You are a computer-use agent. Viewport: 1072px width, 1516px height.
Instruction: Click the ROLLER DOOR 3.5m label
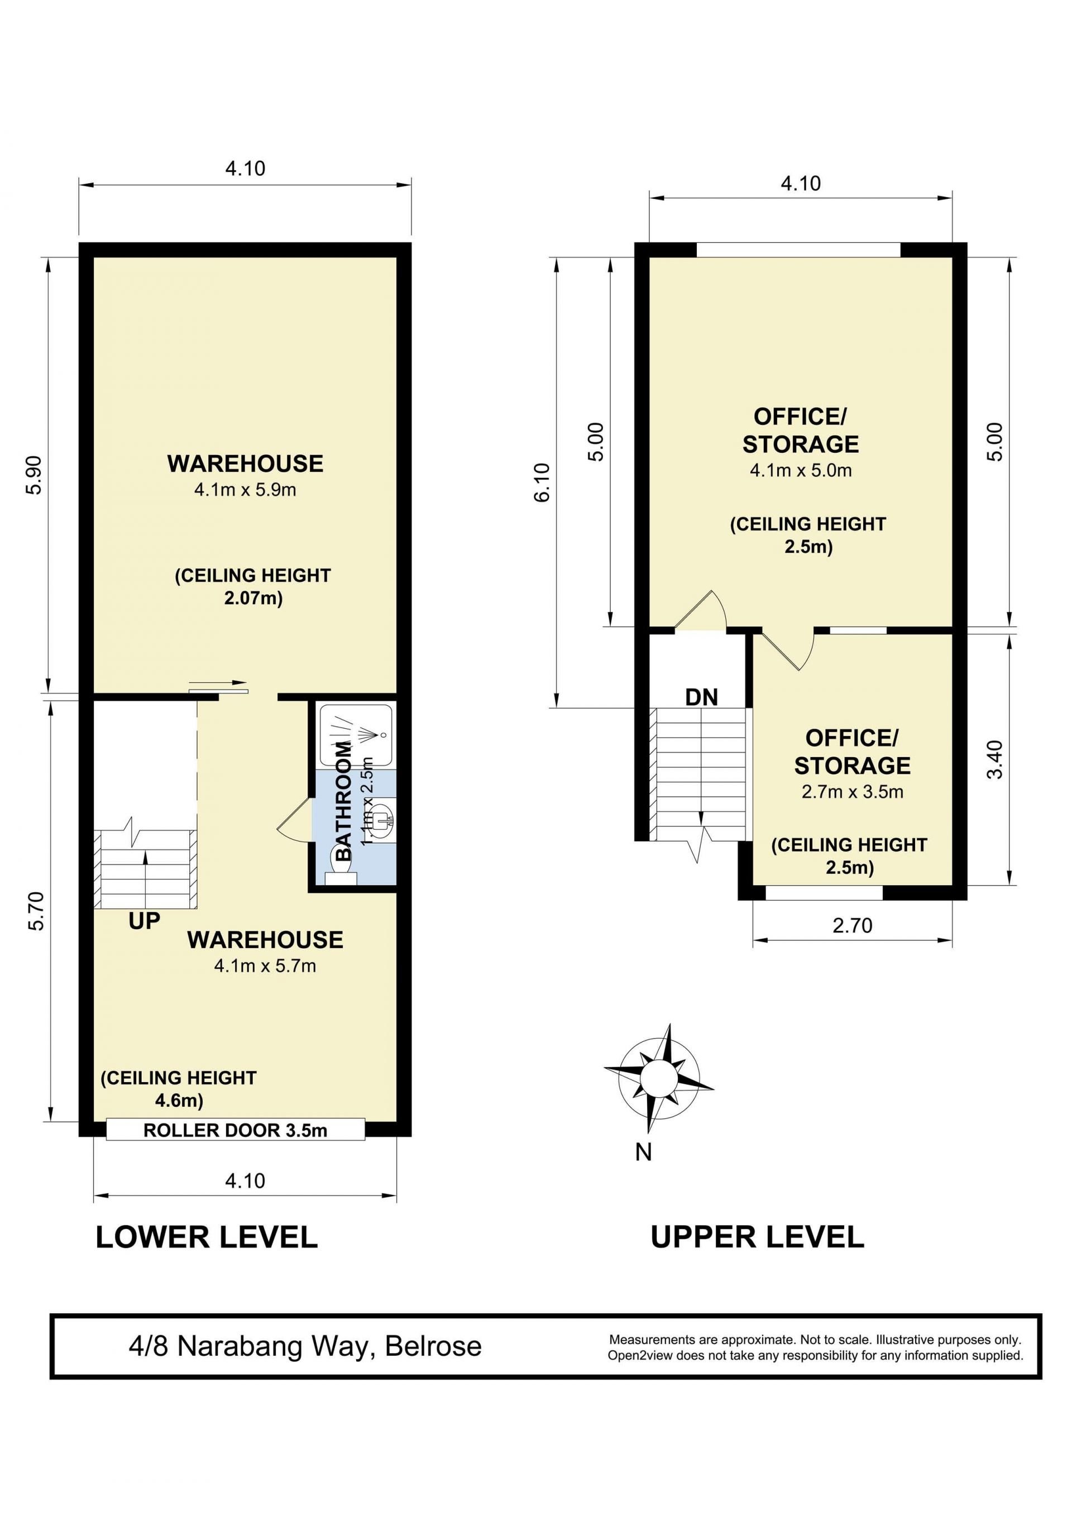[235, 1130]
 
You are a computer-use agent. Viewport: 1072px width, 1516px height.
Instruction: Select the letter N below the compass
[644, 1152]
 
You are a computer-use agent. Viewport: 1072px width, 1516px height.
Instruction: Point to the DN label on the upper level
[702, 697]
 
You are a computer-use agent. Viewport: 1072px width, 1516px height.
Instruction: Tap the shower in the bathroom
[356, 734]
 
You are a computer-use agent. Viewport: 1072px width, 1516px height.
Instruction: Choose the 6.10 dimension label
[542, 482]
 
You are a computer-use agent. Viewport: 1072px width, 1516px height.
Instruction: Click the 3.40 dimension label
[995, 760]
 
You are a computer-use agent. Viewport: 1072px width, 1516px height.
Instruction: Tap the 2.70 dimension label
[852, 926]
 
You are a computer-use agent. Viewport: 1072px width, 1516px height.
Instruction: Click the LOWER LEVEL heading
[207, 1237]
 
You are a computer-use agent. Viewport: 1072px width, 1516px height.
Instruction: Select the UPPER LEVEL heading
[757, 1237]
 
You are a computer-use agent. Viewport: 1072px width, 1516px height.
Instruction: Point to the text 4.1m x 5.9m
[245, 490]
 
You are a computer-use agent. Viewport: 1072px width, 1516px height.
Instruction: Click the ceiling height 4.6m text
[178, 1089]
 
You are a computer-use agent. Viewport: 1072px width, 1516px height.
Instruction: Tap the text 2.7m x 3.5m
[852, 792]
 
